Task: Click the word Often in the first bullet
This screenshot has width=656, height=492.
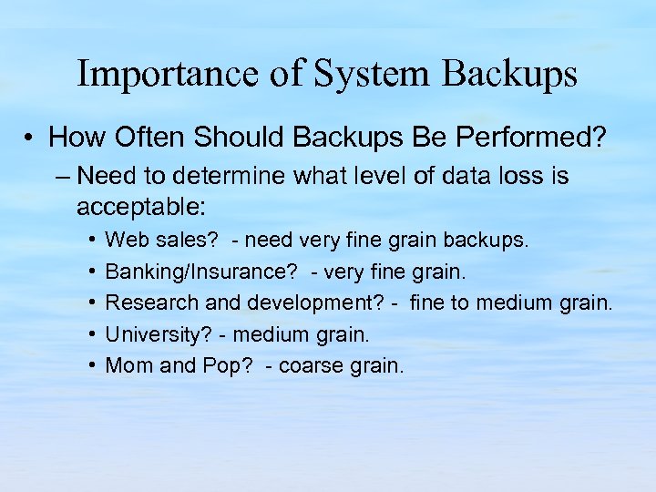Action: [x=141, y=138]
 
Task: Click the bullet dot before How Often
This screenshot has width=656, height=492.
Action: [x=30, y=138]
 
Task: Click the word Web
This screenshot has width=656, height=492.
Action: [x=125, y=241]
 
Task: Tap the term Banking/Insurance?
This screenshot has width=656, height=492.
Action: [x=182, y=272]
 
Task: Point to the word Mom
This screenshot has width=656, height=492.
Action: [x=126, y=365]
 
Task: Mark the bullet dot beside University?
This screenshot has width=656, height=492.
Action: [x=95, y=334]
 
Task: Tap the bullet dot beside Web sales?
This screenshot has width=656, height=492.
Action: [x=95, y=241]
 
